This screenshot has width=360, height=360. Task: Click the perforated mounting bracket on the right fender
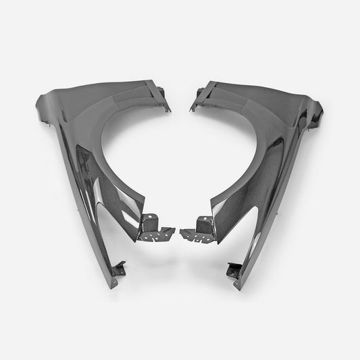(202, 228)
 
